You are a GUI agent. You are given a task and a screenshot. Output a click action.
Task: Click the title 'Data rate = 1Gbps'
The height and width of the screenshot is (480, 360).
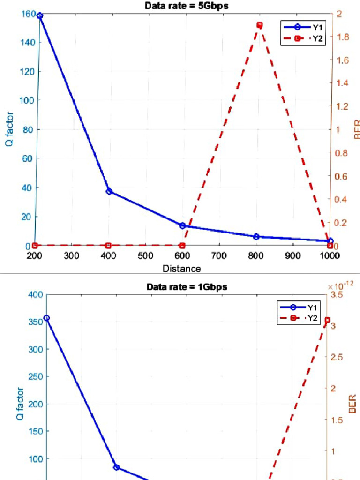coord(187,287)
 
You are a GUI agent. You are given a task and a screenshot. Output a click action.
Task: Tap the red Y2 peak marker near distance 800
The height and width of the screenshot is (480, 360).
coord(259,25)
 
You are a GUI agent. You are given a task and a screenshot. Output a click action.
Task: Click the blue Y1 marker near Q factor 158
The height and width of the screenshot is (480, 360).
coord(40,15)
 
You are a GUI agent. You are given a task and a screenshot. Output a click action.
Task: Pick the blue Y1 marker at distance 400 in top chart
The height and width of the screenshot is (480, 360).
coord(109,191)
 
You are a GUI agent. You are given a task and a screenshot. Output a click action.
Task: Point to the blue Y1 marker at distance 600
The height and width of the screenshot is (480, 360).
coord(182,225)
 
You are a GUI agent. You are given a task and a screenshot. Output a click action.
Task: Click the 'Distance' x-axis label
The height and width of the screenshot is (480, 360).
coord(181,269)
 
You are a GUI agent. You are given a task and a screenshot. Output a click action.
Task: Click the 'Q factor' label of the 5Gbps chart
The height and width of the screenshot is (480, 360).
coord(9,129)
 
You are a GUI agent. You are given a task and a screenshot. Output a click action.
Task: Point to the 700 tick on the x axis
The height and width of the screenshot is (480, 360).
coord(219,255)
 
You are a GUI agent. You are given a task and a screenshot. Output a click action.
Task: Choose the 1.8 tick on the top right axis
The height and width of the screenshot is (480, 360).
coord(343,37)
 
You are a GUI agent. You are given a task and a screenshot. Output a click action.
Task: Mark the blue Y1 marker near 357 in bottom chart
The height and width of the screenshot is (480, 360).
coord(46,318)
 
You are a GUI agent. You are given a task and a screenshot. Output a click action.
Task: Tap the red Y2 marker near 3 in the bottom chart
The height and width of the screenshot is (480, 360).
coord(328,320)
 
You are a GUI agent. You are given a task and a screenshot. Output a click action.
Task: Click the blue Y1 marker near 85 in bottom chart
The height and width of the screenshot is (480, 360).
coord(116,467)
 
